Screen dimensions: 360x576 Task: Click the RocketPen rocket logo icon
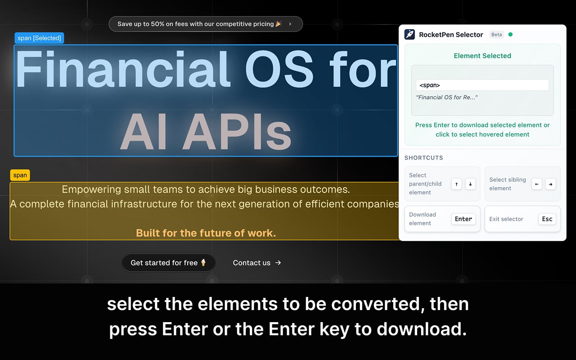tap(409, 35)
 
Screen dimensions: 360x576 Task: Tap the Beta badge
tap(496, 35)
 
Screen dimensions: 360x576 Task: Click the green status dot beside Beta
tap(510, 34)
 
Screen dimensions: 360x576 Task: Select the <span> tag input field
tap(482, 85)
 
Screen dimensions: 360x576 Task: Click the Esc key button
tap(547, 219)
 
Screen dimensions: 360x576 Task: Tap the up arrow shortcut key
tap(456, 184)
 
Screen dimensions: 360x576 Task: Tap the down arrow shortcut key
tap(470, 184)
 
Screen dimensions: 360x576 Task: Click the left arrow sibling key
tap(537, 184)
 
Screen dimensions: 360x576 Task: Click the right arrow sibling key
tap(550, 184)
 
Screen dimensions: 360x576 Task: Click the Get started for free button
tap(168, 263)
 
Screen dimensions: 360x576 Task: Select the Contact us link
tap(256, 263)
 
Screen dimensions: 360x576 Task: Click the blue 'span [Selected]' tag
tap(39, 38)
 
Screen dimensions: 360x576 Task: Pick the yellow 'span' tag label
tap(20, 175)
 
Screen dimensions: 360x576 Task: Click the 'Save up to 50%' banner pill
tap(205, 24)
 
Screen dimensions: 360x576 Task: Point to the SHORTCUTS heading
tap(423, 158)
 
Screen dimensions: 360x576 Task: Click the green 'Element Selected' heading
tap(482, 56)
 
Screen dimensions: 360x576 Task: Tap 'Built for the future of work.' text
tap(206, 233)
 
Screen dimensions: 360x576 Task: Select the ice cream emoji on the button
tap(203, 262)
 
